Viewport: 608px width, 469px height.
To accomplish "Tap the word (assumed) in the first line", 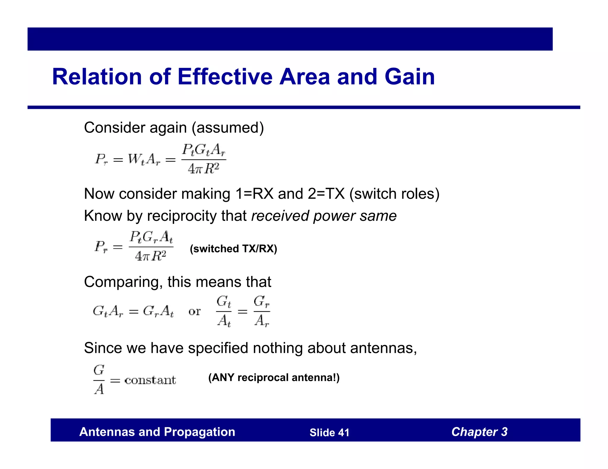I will pyautogui.click(x=228, y=128).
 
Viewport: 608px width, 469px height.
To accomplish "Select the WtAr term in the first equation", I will pyautogui.click(x=144, y=160).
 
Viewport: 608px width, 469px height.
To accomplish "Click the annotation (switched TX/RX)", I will pyautogui.click(x=233, y=248).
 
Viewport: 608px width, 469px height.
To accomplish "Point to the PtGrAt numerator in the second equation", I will pyautogui.click(x=151, y=237).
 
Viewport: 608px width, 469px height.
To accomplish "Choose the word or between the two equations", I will pyautogui.click(x=194, y=312).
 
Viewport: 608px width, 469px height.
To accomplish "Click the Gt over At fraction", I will pyautogui.click(x=224, y=311).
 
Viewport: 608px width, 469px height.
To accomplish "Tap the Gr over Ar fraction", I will pyautogui.click(x=262, y=311).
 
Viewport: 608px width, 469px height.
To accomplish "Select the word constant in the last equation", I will pyautogui.click(x=150, y=380).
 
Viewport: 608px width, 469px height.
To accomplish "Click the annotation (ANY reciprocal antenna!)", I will pyautogui.click(x=274, y=377).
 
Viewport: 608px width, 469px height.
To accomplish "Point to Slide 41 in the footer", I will pyautogui.click(x=329, y=433).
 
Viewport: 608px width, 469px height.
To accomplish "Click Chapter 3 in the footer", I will pyautogui.click(x=479, y=432).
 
